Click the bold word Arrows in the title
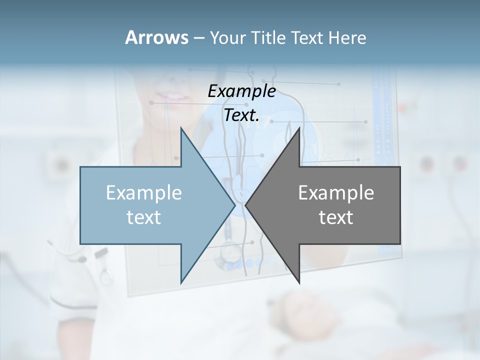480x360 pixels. [156, 37]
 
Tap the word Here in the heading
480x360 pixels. [347, 37]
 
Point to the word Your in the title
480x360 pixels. [227, 37]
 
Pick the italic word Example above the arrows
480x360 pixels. [241, 91]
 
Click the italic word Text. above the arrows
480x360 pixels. [241, 115]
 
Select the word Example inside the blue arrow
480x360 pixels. [144, 193]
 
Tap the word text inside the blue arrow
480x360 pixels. [144, 217]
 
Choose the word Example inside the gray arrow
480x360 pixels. [336, 193]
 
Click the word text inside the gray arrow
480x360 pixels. [336, 217]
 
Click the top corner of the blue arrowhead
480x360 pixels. [181, 128]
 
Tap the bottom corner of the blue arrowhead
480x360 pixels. [181, 283]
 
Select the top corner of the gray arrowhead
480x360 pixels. [299, 128]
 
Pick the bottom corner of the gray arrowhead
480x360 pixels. [299, 283]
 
